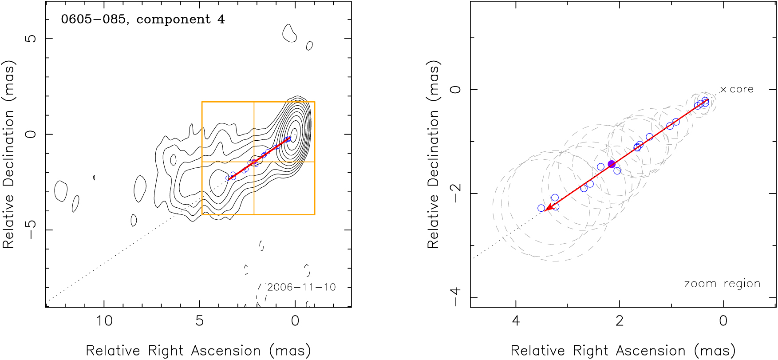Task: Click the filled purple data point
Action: [612, 164]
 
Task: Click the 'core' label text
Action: [742, 89]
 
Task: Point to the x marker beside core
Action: [723, 90]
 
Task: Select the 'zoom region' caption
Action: [722, 284]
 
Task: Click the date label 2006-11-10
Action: [301, 287]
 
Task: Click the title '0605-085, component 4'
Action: [143, 20]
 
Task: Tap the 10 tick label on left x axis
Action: [104, 320]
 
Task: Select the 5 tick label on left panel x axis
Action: [200, 320]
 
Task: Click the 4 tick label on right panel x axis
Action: [516, 320]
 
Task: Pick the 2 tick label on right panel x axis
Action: [620, 320]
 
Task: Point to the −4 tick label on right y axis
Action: [455, 297]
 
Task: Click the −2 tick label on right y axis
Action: [455, 193]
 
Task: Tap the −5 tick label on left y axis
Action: [31, 229]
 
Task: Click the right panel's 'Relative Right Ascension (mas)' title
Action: [623, 351]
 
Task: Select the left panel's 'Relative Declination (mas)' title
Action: [9, 154]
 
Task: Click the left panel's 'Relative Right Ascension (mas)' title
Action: [198, 351]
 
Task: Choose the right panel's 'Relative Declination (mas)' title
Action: [433, 154]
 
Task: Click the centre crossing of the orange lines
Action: [254, 162]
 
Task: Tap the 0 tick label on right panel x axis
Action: [723, 320]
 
